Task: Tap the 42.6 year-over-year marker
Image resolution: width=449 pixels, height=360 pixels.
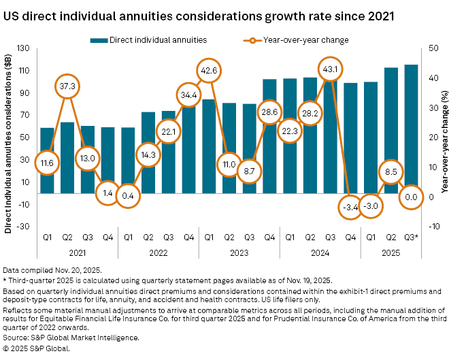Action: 209,70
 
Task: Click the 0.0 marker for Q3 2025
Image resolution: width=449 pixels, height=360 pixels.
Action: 411,196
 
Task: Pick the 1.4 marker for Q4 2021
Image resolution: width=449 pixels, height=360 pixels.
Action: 107,194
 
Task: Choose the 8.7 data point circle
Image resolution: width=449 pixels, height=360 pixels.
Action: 250,173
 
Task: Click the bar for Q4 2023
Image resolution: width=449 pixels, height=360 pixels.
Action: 269,136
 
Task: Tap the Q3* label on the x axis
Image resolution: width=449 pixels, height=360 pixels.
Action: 411,238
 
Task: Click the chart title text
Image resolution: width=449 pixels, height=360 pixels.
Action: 200,14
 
